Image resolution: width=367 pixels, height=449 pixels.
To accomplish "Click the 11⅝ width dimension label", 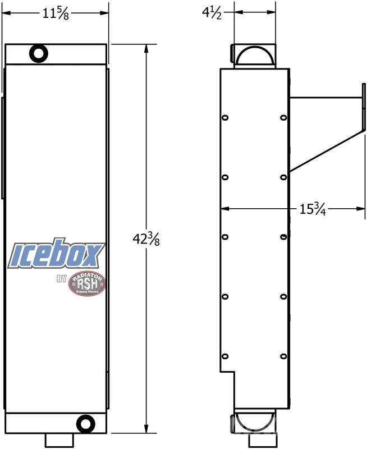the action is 56,13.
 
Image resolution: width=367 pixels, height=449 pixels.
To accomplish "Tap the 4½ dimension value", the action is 212,13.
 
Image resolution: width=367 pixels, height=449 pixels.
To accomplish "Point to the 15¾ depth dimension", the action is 313,209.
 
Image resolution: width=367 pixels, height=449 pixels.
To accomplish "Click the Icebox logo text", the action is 56,254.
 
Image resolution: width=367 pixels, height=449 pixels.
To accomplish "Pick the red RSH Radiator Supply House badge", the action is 87,283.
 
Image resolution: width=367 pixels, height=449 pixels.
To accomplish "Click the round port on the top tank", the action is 39,53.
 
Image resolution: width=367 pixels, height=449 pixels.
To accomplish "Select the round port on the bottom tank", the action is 86,424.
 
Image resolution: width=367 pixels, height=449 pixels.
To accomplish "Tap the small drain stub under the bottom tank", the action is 59,440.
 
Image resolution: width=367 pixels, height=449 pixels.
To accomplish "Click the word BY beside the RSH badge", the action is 62,278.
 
